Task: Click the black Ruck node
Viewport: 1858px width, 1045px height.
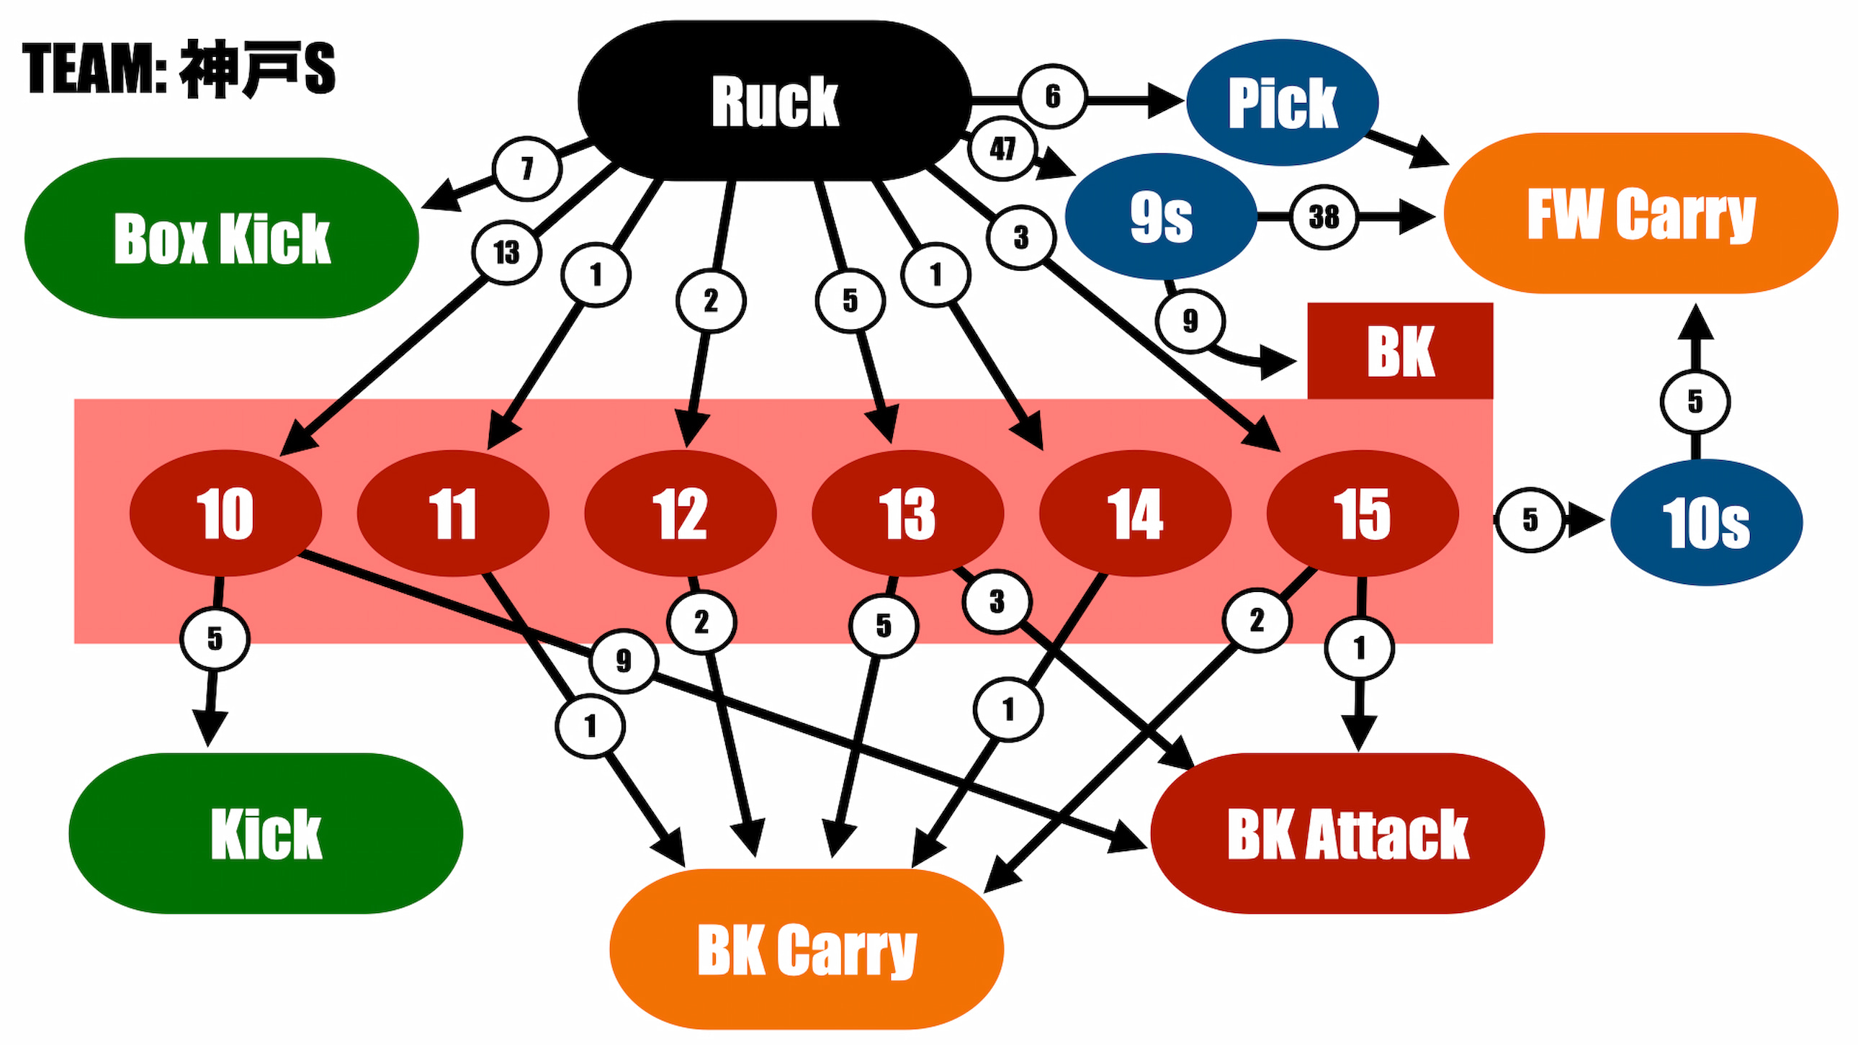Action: point(774,101)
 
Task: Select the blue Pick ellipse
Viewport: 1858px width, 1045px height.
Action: point(1282,102)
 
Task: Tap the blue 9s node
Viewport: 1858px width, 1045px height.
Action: point(1160,216)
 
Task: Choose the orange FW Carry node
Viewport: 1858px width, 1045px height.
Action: point(1641,213)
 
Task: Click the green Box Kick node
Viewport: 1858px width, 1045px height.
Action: point(221,238)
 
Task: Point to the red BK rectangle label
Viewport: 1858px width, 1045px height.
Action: point(1400,351)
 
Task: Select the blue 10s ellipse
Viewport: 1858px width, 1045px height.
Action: point(1706,522)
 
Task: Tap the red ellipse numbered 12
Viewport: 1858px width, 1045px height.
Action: point(679,513)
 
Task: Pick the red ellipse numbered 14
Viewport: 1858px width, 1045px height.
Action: point(1134,513)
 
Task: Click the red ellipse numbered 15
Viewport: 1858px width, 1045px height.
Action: point(1362,513)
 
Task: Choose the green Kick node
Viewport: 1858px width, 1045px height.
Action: point(266,833)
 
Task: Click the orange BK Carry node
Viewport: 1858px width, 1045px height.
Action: point(807,949)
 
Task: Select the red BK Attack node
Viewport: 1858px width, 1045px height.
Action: point(1347,833)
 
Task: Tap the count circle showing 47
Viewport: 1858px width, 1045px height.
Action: point(1002,148)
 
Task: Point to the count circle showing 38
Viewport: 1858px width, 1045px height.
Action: point(1324,216)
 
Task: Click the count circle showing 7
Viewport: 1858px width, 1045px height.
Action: point(527,168)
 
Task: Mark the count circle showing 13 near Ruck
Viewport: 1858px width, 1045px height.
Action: point(506,252)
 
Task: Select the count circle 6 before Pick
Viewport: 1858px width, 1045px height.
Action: point(1052,96)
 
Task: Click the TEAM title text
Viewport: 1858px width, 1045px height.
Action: point(179,68)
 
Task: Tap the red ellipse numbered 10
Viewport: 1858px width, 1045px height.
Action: point(225,513)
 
